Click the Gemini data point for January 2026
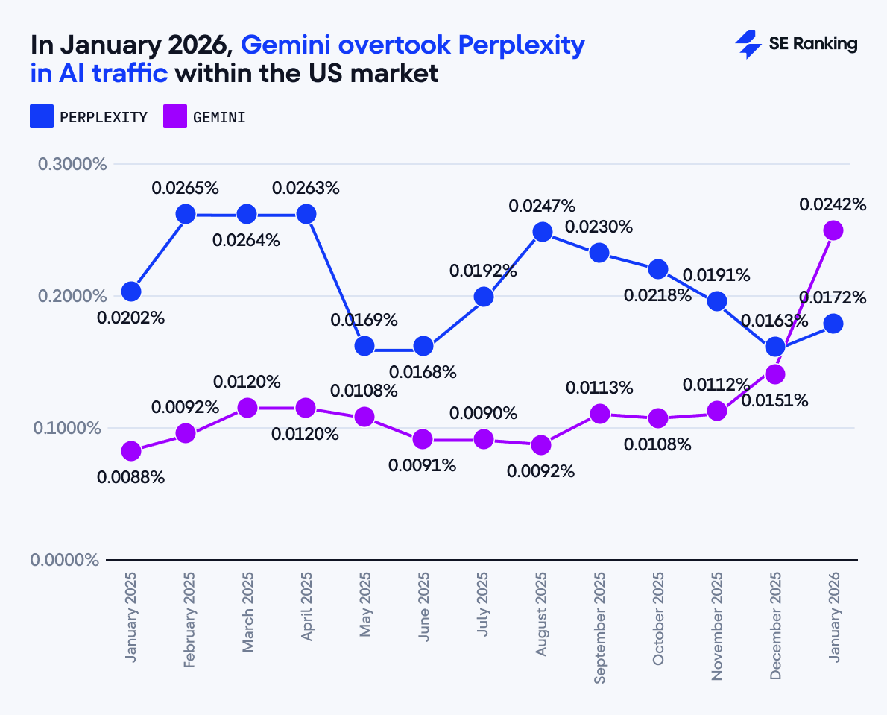pyautogui.click(x=833, y=230)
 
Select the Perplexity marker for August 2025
pyautogui.click(x=542, y=232)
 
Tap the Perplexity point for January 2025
pyautogui.click(x=131, y=292)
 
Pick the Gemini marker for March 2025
pyautogui.click(x=247, y=408)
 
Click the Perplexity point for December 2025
pyautogui.click(x=775, y=347)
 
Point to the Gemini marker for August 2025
pyautogui.click(x=542, y=445)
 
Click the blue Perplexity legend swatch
pyautogui.click(x=42, y=117)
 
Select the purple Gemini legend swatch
pyautogui.click(x=175, y=117)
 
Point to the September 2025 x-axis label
pyautogui.click(x=600, y=628)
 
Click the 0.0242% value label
pyautogui.click(x=833, y=204)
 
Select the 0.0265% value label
pyautogui.click(x=186, y=188)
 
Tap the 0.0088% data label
pyautogui.click(x=131, y=477)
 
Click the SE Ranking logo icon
pyautogui.click(x=748, y=45)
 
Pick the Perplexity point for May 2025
pyautogui.click(x=364, y=346)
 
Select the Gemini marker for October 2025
pyautogui.click(x=658, y=418)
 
